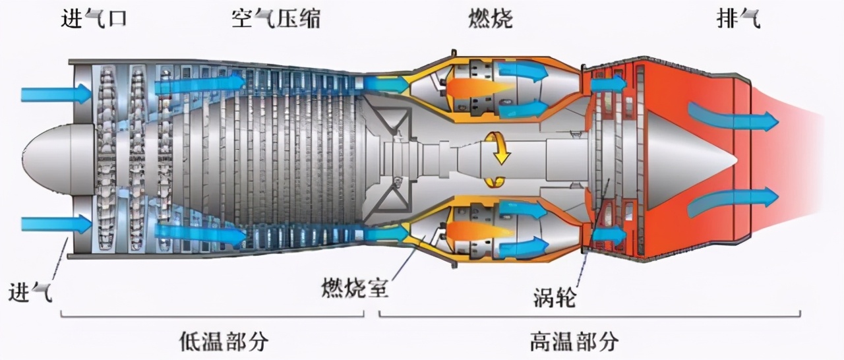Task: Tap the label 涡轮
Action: tap(554, 298)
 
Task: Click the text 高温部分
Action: tap(574, 342)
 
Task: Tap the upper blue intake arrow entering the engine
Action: tap(55, 94)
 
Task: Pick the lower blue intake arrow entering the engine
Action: tap(55, 224)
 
